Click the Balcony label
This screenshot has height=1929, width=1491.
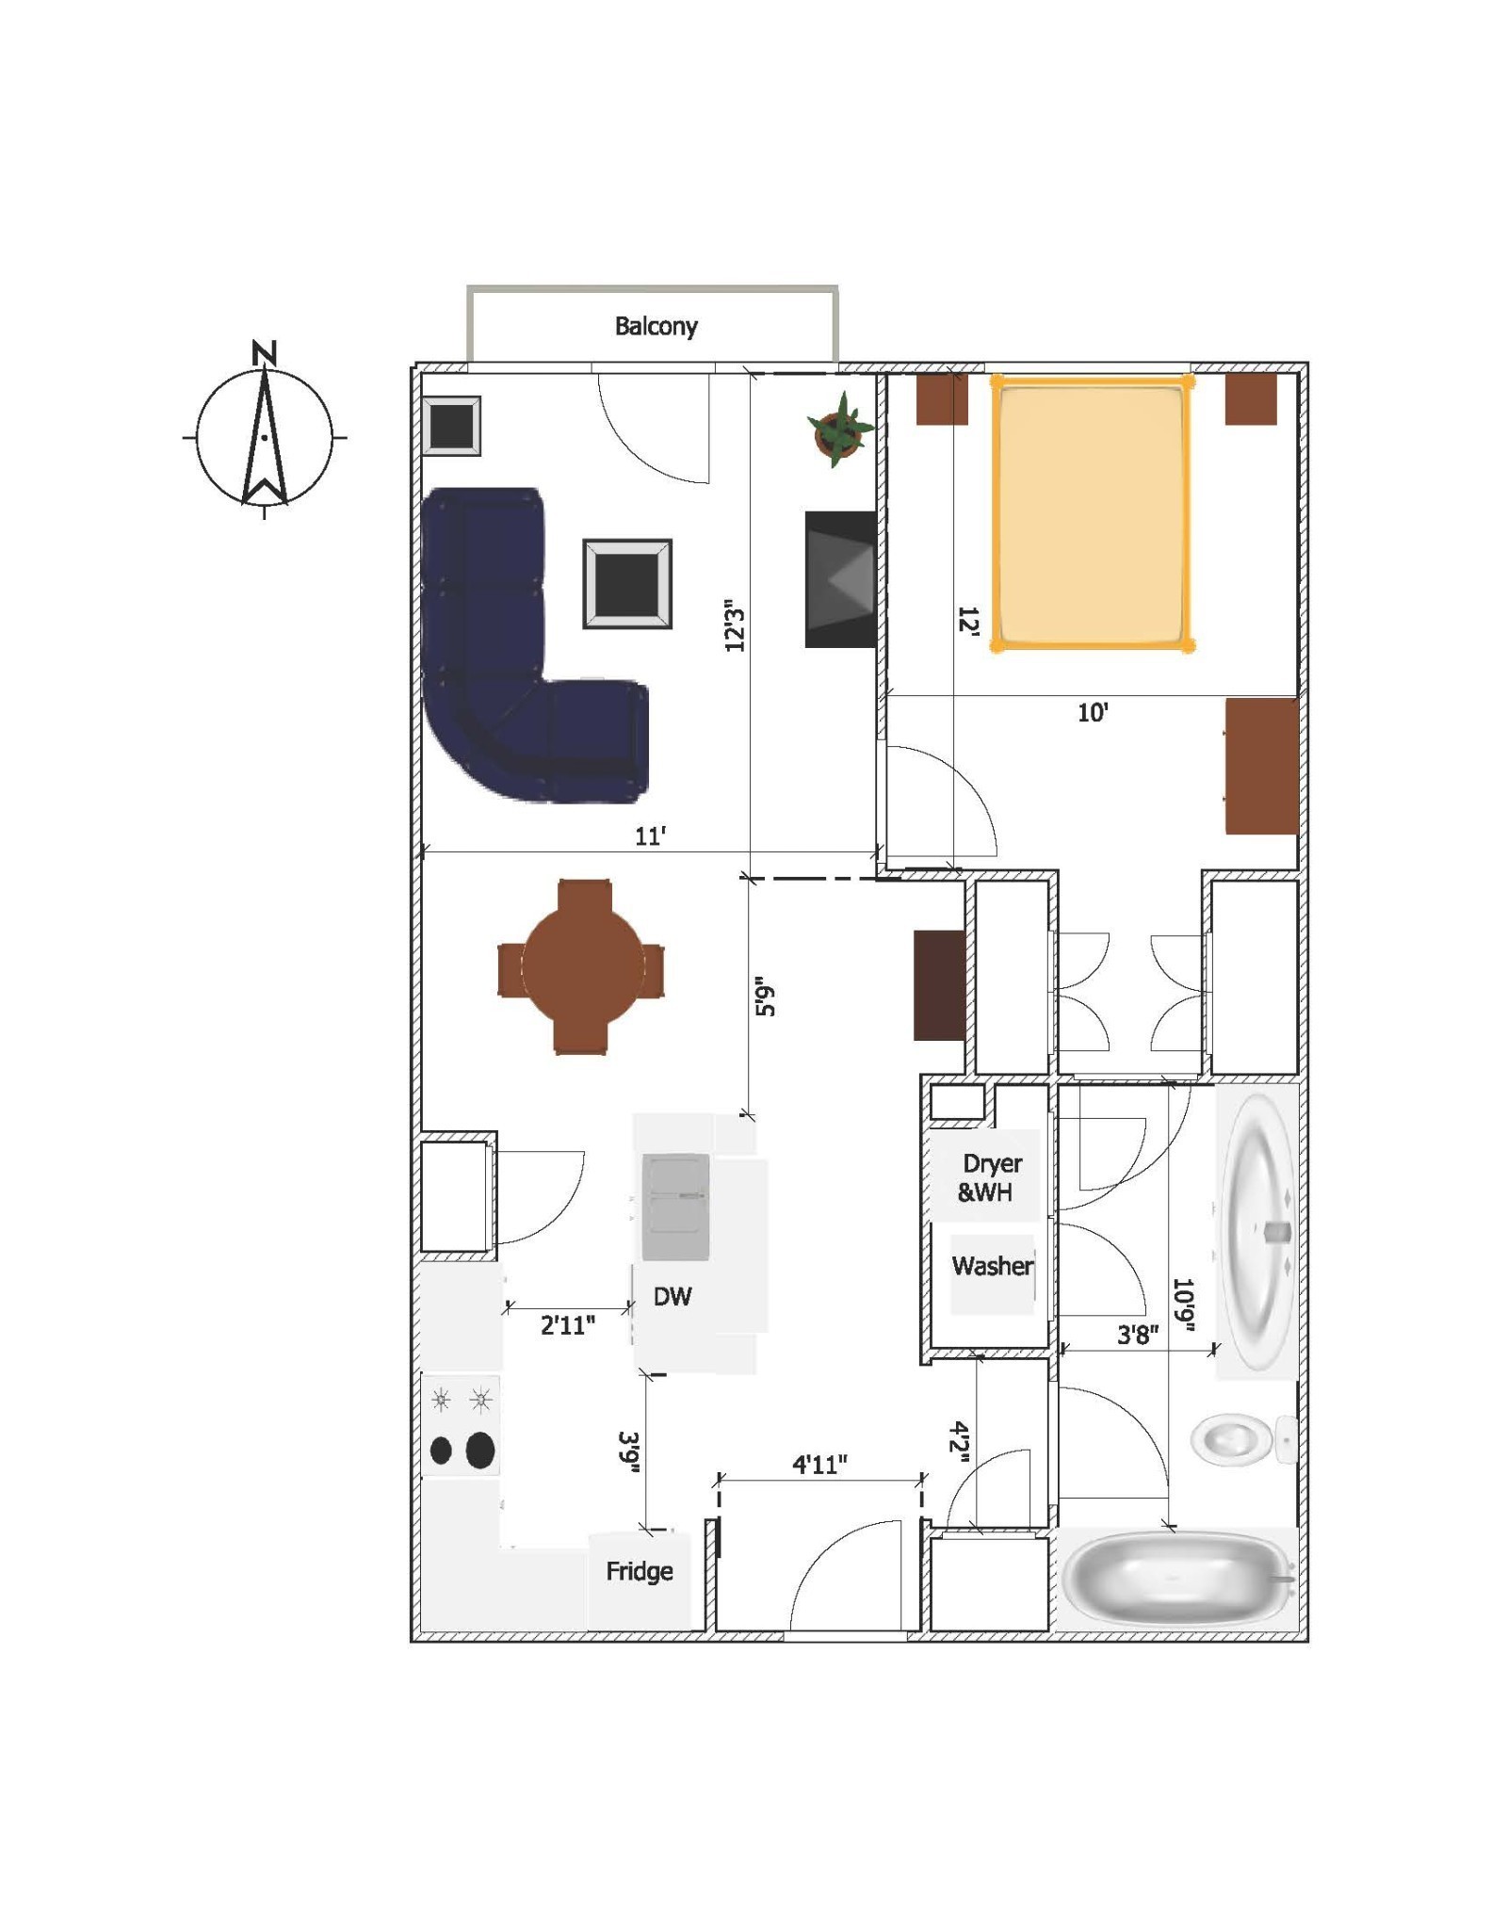[656, 327]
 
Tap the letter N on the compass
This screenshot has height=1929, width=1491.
[265, 353]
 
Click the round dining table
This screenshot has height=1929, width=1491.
[582, 966]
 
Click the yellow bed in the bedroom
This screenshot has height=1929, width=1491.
[1091, 513]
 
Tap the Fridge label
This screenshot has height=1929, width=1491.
[640, 1571]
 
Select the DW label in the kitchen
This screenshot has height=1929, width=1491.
[673, 1297]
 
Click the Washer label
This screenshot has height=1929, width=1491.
[993, 1266]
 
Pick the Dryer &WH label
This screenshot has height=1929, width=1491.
[989, 1178]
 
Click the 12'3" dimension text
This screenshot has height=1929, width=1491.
[735, 625]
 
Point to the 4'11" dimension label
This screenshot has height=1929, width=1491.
[819, 1465]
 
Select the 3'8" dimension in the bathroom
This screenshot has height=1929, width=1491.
[1138, 1335]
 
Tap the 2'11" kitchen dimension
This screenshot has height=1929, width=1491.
[568, 1326]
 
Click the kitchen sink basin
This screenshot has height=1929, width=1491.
[675, 1207]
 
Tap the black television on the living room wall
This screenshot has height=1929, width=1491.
[840, 579]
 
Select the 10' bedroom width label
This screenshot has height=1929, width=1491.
[1093, 713]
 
